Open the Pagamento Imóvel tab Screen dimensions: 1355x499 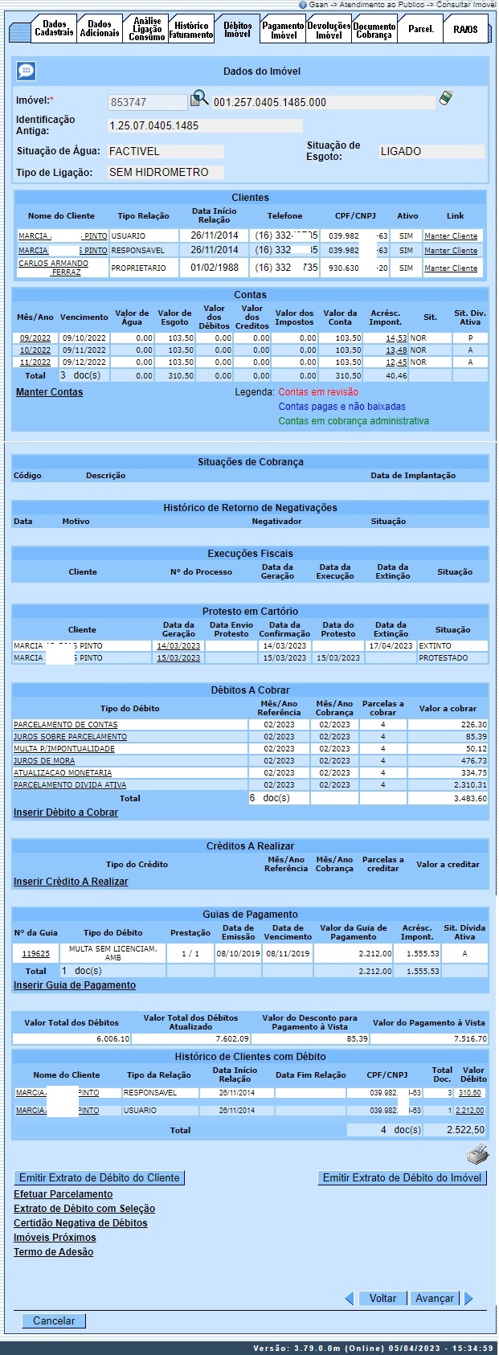284,31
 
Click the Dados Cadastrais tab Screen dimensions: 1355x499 54,29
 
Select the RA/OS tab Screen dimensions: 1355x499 464,30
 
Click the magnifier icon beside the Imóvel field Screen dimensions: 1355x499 198,100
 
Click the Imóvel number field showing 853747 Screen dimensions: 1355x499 147,103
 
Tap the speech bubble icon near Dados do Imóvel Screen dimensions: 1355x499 26,72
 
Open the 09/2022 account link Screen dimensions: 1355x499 35,338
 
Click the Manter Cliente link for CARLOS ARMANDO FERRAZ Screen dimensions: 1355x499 451,268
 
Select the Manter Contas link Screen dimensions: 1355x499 49,392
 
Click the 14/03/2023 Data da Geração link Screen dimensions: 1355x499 178,646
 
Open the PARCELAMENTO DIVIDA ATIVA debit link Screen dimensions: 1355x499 70,785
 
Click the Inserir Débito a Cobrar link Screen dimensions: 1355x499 66,813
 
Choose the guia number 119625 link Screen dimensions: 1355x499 35,954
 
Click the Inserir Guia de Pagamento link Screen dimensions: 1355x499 75,985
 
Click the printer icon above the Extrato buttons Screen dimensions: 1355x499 477,1156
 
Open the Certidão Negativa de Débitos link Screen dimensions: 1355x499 80,1223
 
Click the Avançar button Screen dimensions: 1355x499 434,1298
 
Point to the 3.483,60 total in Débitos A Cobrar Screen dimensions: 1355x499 470,799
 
